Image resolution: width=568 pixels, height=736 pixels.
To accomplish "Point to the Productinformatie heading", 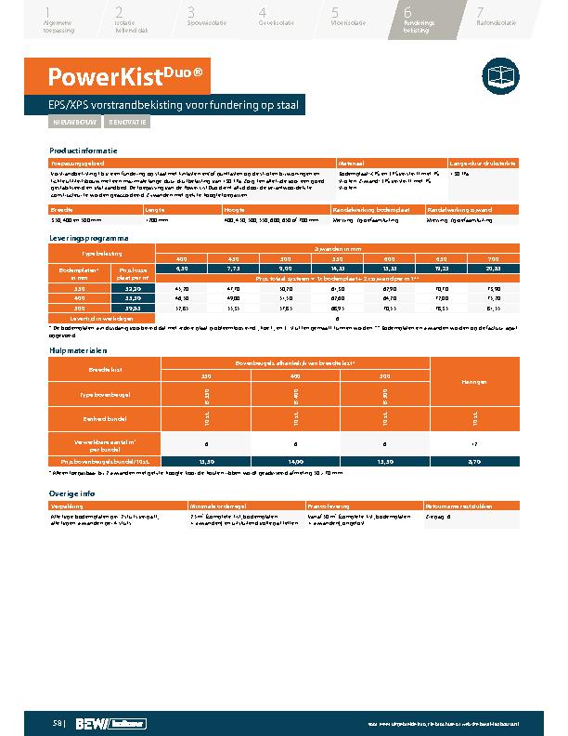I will [x=84, y=151].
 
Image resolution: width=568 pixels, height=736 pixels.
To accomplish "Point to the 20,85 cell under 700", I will [x=493, y=268].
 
